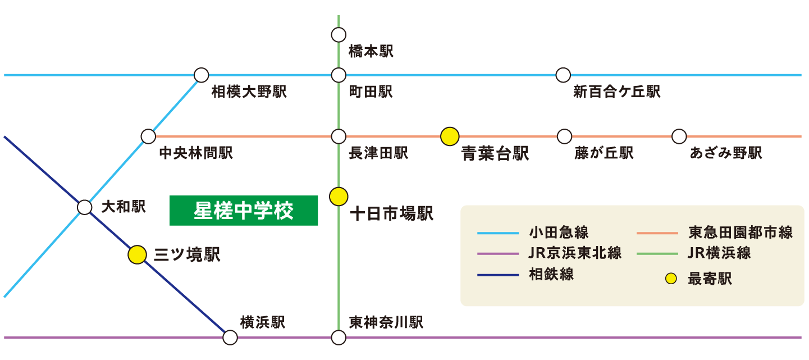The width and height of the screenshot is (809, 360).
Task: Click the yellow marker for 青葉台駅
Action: (x=450, y=136)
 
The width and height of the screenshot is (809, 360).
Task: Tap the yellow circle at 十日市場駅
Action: (x=339, y=197)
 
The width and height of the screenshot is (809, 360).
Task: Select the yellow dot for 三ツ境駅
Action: (x=137, y=254)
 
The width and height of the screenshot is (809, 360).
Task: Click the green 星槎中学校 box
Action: (x=244, y=211)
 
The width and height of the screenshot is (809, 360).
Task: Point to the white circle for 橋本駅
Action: (x=339, y=35)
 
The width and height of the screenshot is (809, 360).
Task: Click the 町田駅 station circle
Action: (x=339, y=75)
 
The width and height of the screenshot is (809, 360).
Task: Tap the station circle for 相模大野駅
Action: (x=201, y=75)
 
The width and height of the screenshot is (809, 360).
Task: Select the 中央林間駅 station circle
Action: (x=148, y=136)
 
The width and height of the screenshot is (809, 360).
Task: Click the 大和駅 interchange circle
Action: (x=85, y=207)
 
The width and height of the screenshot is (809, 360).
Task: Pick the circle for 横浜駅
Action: (x=230, y=338)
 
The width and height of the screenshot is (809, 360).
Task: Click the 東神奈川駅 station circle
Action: (x=339, y=338)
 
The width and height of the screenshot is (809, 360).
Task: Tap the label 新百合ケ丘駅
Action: (x=617, y=92)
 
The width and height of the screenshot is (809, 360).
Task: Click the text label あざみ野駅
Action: (x=726, y=153)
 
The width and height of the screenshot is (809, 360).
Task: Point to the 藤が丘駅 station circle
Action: (x=564, y=136)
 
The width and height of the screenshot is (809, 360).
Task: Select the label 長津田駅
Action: (x=378, y=153)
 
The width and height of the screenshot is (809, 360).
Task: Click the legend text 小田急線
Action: (x=559, y=233)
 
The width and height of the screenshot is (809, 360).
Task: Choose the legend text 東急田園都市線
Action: (x=741, y=233)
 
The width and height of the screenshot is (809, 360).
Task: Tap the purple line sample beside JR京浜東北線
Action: (x=497, y=254)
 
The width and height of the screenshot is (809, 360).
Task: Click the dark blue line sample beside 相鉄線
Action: (x=497, y=275)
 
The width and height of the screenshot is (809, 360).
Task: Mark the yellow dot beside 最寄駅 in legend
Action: (x=671, y=279)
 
